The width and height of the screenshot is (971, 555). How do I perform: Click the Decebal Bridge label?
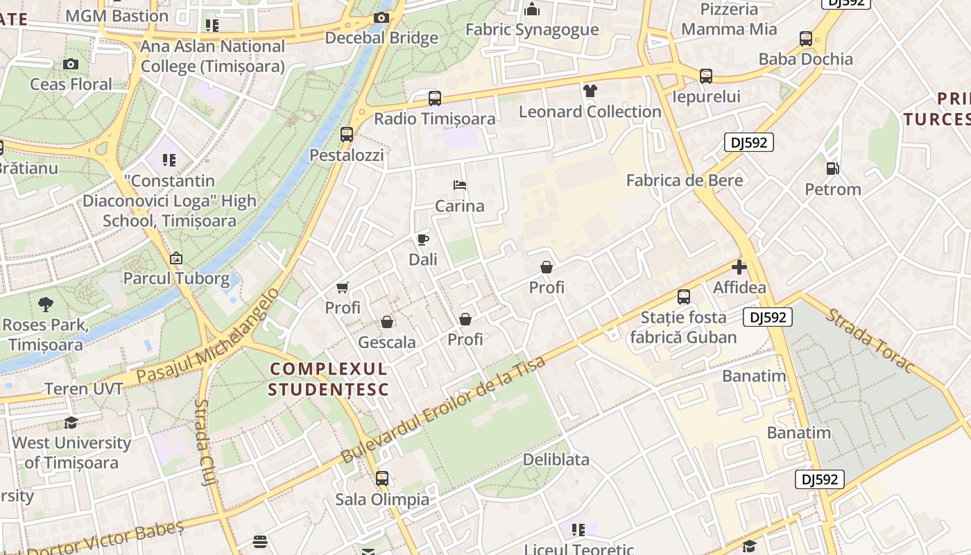click(x=381, y=37)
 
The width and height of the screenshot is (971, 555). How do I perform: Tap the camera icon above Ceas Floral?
click(x=70, y=65)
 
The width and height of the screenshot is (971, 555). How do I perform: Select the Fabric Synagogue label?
click(x=532, y=29)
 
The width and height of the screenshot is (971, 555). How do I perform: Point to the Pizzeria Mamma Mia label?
click(x=729, y=19)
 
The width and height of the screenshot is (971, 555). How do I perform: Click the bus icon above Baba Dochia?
click(x=805, y=39)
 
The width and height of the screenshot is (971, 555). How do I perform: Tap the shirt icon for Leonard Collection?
click(x=590, y=91)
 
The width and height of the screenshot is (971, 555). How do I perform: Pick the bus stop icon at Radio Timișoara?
click(x=435, y=99)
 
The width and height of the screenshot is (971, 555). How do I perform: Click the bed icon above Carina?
click(x=459, y=185)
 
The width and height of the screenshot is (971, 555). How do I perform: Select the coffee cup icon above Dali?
click(x=422, y=240)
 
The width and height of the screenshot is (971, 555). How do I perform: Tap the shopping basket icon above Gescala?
click(x=387, y=323)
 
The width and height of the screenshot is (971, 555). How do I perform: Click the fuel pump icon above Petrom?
click(x=832, y=169)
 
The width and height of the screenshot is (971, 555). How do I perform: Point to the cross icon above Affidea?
click(x=739, y=267)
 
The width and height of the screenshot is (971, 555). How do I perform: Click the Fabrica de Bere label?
click(x=684, y=180)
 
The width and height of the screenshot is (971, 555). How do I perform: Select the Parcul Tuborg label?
click(x=176, y=279)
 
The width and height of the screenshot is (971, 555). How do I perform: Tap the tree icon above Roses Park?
click(x=46, y=304)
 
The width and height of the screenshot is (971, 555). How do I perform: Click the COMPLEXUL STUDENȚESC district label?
click(x=329, y=379)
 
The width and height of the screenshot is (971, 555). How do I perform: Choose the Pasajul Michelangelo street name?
click(x=208, y=336)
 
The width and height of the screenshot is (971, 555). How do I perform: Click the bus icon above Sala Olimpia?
click(x=382, y=479)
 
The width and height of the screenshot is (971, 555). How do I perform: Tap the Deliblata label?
click(x=556, y=459)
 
